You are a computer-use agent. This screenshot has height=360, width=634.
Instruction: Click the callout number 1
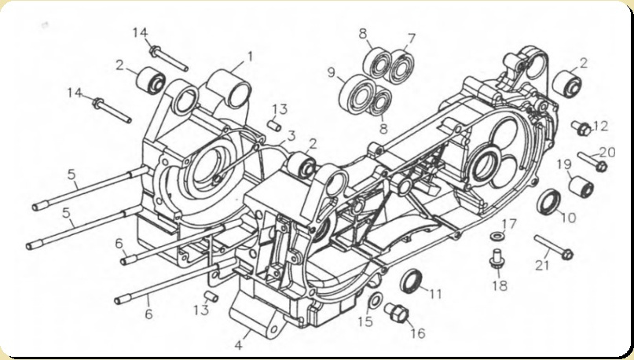(250, 57)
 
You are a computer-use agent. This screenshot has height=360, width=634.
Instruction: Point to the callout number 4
(239, 345)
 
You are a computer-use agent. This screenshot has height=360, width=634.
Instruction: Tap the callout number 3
(291, 136)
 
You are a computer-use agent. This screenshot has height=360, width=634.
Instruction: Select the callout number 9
(332, 73)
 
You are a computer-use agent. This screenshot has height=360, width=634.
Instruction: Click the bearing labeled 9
(357, 92)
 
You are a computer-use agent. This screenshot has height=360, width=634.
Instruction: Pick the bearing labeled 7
(401, 67)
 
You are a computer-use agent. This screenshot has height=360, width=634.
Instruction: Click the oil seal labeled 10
(548, 201)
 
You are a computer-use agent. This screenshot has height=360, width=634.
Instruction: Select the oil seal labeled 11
(411, 280)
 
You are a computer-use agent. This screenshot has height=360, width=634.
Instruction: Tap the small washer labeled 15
(376, 300)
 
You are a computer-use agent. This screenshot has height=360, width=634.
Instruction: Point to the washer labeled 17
(497, 236)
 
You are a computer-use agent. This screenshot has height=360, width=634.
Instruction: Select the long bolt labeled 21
(554, 246)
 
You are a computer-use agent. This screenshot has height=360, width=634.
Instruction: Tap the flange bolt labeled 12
(581, 128)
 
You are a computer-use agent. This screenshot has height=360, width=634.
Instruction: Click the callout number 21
(542, 266)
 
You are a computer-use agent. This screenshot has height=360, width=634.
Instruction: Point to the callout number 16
(418, 333)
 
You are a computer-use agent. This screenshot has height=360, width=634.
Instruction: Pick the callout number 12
(599, 127)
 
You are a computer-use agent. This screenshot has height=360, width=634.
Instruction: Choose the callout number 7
(411, 39)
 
